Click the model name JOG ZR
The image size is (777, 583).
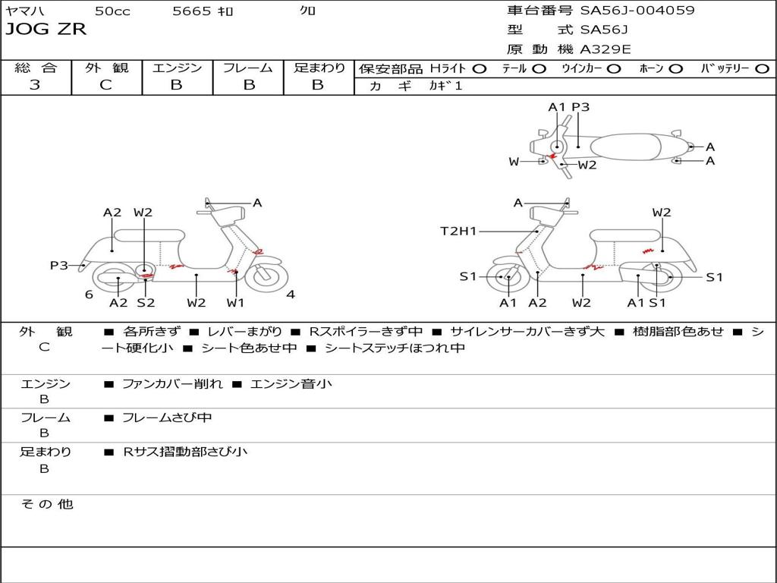(x=46, y=30)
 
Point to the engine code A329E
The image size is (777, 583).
(x=606, y=49)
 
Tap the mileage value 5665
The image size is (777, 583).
(x=191, y=11)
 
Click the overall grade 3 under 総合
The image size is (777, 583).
(x=35, y=85)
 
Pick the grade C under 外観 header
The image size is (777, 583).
(x=105, y=85)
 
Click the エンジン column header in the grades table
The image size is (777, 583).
(x=177, y=68)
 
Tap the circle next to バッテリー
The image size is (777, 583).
(x=762, y=68)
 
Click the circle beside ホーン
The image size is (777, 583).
(x=676, y=68)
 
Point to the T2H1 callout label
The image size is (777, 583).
(x=458, y=232)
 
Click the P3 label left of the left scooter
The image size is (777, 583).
(x=59, y=265)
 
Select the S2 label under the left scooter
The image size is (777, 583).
(x=146, y=303)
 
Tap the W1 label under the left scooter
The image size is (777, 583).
(x=236, y=303)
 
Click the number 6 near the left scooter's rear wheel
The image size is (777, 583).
(x=89, y=295)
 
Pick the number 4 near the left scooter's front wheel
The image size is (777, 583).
(x=291, y=295)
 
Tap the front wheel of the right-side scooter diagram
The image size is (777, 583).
(x=507, y=278)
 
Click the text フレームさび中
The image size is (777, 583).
(x=167, y=418)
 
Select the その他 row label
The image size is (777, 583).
(x=46, y=504)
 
